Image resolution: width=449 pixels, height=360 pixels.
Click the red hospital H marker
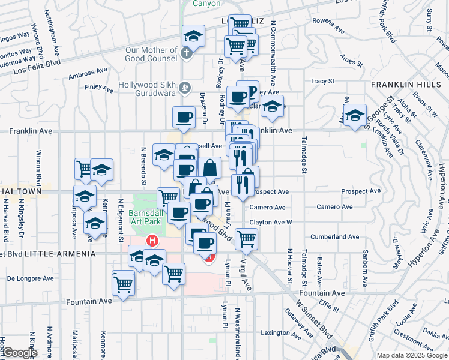pos(152,241)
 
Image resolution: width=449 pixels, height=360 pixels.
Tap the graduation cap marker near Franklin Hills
pos(355,115)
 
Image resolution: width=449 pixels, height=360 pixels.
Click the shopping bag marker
pos(209,168)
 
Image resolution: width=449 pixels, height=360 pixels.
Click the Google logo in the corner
pos(19,353)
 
